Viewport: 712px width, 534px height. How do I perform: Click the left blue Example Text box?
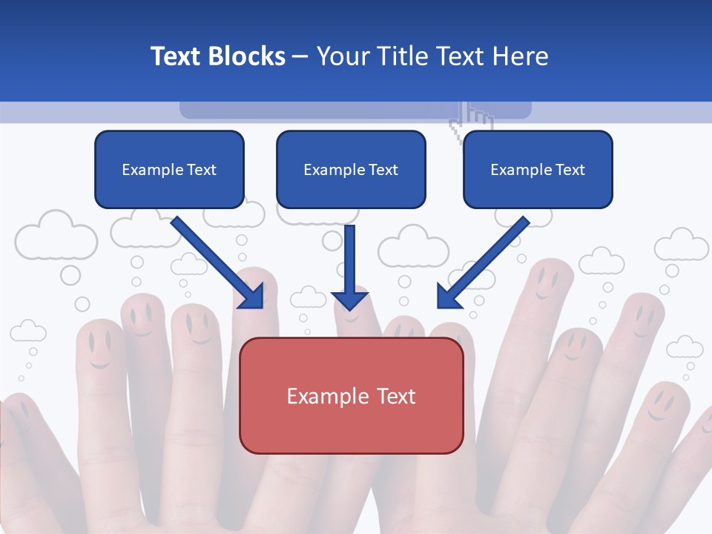point(169,169)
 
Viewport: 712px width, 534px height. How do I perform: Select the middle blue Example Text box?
point(351,169)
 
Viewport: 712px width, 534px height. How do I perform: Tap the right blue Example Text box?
point(538,169)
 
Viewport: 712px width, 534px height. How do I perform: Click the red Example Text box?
point(351,395)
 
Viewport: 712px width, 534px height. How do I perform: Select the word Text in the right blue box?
point(570,170)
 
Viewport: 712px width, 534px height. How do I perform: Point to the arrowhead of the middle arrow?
point(350,298)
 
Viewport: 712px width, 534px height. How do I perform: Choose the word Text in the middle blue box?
point(383,170)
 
